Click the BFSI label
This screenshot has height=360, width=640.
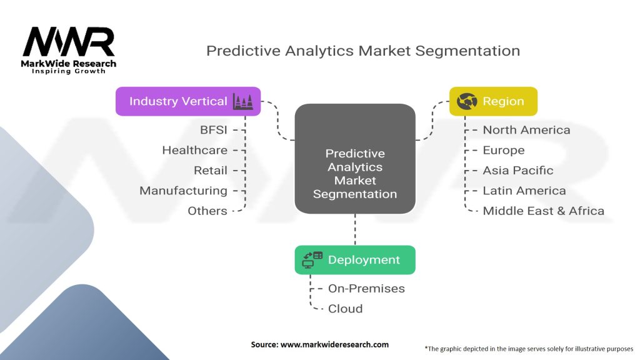pyautogui.click(x=214, y=130)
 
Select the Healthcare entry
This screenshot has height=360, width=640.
pyautogui.click(x=195, y=150)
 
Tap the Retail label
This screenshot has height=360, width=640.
pyautogui.click(x=211, y=170)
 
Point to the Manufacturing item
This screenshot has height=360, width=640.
pyautogui.click(x=183, y=191)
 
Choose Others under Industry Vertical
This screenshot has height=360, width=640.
pyautogui.click(x=207, y=211)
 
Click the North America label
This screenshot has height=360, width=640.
pyautogui.click(x=526, y=130)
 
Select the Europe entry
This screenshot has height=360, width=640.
pyautogui.click(x=504, y=151)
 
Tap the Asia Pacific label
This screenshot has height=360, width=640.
pyautogui.click(x=518, y=170)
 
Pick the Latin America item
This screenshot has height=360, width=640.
pyautogui.click(x=524, y=191)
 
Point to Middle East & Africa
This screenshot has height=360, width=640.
pyautogui.click(x=543, y=211)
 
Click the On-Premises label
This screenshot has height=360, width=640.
pyautogui.click(x=366, y=289)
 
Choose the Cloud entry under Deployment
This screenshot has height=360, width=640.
pyautogui.click(x=345, y=309)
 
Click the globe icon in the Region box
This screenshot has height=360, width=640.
pyautogui.click(x=467, y=101)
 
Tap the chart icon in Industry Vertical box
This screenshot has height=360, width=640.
pyautogui.click(x=243, y=102)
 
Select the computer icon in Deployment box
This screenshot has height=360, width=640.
pyautogui.click(x=312, y=260)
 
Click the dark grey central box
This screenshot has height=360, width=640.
pyautogui.click(x=355, y=159)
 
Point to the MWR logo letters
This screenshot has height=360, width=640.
pyautogui.click(x=69, y=42)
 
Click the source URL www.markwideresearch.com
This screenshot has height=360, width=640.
pyautogui.click(x=334, y=344)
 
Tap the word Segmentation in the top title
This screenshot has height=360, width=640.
pyautogui.click(x=467, y=51)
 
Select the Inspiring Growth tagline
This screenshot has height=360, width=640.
pyautogui.click(x=69, y=71)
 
